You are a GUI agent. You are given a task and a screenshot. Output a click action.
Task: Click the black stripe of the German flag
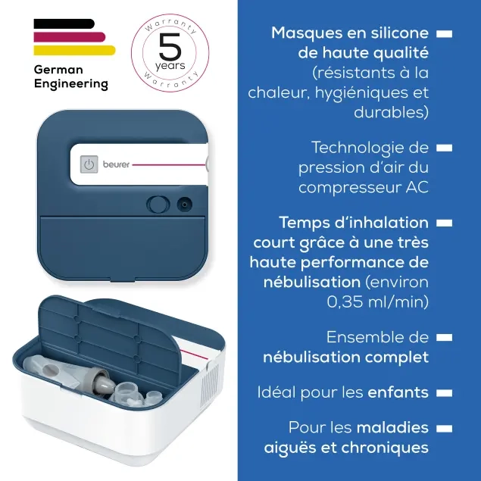coord(64,23)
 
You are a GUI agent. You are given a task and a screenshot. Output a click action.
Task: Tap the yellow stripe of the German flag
coord(74,50)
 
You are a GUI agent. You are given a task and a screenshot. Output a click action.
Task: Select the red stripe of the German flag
coord(70,37)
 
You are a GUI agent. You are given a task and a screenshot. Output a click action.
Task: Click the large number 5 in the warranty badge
coord(170,47)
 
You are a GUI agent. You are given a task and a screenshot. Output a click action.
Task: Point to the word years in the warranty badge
coord(170,66)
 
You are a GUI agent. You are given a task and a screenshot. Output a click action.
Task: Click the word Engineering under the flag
coord(71,84)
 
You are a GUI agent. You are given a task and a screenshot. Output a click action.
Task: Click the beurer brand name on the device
coord(116,164)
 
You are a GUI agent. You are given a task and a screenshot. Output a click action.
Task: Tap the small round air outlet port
coord(184,205)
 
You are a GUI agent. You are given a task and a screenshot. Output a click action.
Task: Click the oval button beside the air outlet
coord(158,205)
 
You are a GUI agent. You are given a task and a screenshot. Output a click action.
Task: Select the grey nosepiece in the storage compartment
coord(102,381)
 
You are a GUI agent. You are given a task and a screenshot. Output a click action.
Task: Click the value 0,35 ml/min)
coord(378,302)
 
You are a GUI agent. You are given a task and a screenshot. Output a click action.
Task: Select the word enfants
coord(398,392)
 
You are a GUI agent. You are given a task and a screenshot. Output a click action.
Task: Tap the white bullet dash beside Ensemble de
coord(444,338)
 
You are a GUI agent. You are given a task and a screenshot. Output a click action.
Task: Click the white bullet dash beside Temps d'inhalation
coord(444,223)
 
